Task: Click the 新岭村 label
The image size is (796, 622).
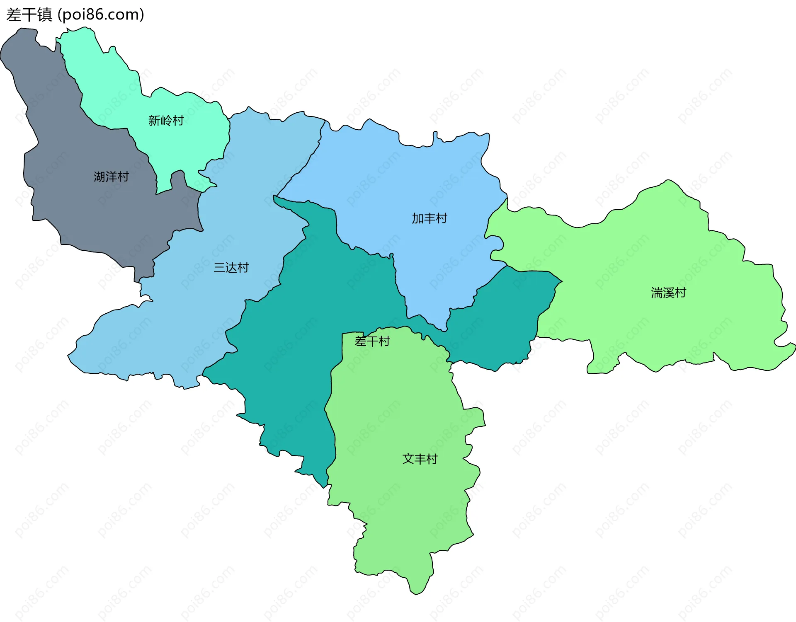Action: [166, 121]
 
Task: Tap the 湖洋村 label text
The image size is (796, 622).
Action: [111, 177]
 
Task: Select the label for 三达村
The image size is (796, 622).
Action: [231, 268]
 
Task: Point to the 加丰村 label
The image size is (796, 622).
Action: [430, 218]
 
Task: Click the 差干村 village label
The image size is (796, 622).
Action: [372, 341]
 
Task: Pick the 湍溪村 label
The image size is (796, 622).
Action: [668, 293]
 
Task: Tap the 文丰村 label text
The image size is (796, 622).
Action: [420, 459]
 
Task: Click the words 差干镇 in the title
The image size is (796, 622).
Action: [29, 15]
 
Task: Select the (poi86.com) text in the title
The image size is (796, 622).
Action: [101, 15]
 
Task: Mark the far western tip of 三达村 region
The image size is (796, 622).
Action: [69, 355]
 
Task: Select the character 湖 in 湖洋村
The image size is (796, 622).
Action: [99, 177]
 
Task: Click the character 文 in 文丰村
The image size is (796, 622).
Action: [408, 459]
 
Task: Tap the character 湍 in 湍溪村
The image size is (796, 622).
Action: [657, 293]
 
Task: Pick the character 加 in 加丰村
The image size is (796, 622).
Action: [417, 218]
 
